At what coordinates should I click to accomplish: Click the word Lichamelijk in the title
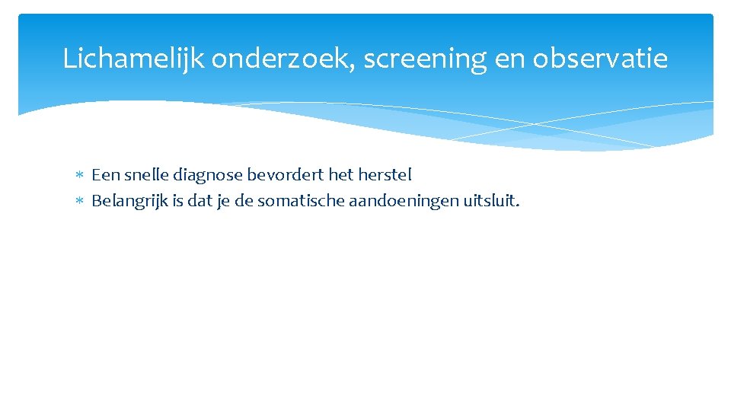point(133,59)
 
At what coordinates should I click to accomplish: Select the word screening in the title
point(424,59)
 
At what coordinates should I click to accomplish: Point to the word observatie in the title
point(600,59)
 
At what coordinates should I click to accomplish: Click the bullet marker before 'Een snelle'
point(81,176)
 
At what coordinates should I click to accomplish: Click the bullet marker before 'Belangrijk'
point(81,202)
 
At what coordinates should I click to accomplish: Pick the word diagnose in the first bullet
point(208,175)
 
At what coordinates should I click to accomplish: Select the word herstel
point(384,175)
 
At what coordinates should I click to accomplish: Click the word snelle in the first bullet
point(146,175)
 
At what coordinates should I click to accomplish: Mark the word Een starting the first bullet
point(105,175)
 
